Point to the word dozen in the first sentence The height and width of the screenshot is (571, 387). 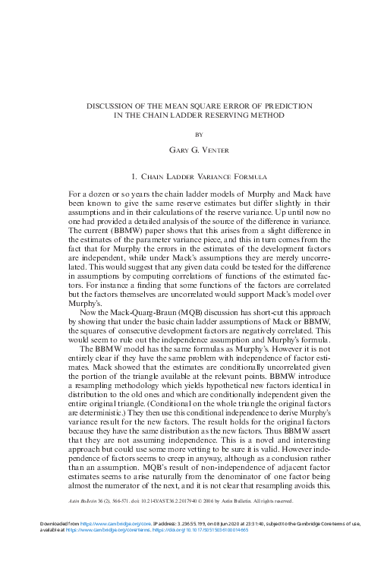119,195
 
